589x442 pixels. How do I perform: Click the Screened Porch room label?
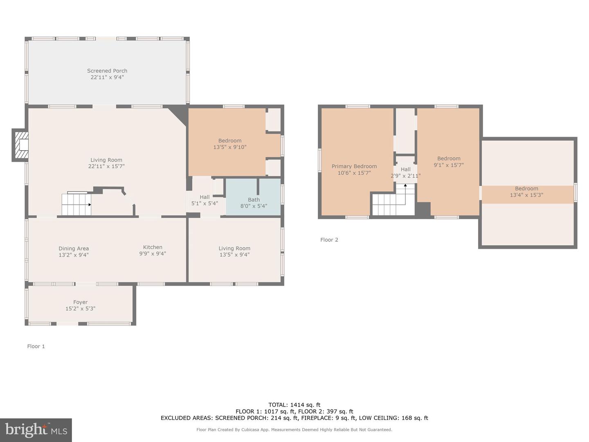click(107, 71)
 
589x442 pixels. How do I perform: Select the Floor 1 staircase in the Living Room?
click(76, 204)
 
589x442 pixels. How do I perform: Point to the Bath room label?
click(254, 200)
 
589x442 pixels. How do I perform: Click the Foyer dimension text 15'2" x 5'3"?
click(81, 309)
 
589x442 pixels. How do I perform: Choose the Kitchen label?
click(153, 247)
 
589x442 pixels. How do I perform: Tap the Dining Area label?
click(74, 248)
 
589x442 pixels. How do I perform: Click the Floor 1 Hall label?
click(205, 197)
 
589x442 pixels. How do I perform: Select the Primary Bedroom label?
click(354, 166)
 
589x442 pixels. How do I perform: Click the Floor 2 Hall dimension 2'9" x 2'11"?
click(405, 176)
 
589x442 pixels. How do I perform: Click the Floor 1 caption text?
click(36, 346)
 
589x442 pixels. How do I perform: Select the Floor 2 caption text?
click(329, 240)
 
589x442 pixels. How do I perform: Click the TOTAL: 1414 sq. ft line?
click(294, 405)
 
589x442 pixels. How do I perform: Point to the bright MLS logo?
click(36, 430)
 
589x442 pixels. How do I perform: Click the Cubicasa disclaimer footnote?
click(294, 430)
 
